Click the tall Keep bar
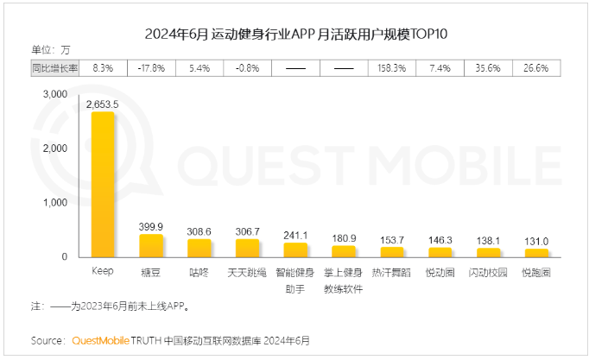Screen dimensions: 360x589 pyautogui.click(x=104, y=184)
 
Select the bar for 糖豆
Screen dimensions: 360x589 pyautogui.click(x=151, y=246)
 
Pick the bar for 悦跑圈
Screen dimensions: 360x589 pyautogui.click(x=536, y=253)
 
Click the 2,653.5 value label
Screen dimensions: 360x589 pyautogui.click(x=103, y=104)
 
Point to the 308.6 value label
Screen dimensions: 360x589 pyautogui.click(x=199, y=232)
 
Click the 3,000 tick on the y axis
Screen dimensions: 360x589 pyautogui.click(x=54, y=94)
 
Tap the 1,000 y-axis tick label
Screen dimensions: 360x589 pyautogui.click(x=54, y=203)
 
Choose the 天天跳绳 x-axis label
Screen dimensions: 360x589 pyautogui.click(x=247, y=272)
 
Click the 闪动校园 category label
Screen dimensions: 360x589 pyautogui.click(x=488, y=272)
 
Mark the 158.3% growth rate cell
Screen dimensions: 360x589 pyautogui.click(x=392, y=66)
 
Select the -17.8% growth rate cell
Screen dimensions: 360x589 pyautogui.click(x=151, y=66)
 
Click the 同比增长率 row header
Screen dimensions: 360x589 pyautogui.click(x=54, y=66)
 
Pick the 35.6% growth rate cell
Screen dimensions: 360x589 pyautogui.click(x=488, y=66)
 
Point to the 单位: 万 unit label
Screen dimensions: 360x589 pyautogui.click(x=51, y=48)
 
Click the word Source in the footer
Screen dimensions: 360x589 pyautogui.click(x=47, y=340)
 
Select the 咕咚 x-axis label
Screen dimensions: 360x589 pyautogui.click(x=199, y=272)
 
